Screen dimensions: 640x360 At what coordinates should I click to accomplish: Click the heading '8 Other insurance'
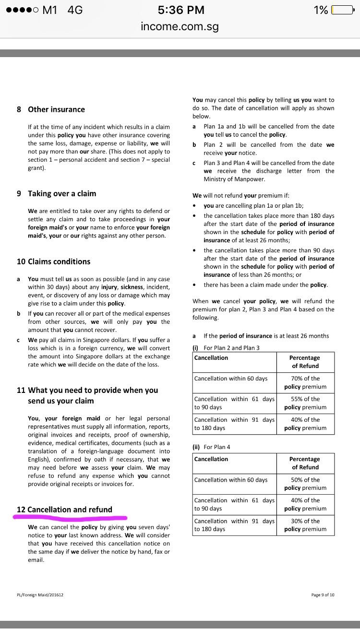click(x=50, y=109)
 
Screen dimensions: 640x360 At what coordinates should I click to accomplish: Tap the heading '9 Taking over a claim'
click(x=56, y=193)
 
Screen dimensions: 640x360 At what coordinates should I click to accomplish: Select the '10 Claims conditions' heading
click(x=53, y=261)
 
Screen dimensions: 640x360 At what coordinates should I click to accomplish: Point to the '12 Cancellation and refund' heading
click(x=64, y=510)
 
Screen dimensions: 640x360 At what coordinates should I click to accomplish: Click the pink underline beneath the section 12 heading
click(x=70, y=518)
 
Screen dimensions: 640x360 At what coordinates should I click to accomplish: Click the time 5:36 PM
click(x=180, y=10)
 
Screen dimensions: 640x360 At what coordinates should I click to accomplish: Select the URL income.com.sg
click(x=180, y=26)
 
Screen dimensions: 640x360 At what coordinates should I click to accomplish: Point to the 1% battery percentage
click(x=321, y=10)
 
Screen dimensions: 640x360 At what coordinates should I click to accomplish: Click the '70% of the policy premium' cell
click(x=305, y=382)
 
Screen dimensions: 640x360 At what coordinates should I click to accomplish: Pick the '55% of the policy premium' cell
click(x=305, y=403)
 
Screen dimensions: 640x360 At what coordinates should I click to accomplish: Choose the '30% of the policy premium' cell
click(x=305, y=525)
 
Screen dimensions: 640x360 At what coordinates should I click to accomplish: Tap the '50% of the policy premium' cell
click(x=305, y=484)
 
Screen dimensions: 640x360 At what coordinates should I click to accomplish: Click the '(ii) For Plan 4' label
click(x=211, y=447)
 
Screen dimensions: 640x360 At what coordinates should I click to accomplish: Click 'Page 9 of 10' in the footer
click(x=323, y=595)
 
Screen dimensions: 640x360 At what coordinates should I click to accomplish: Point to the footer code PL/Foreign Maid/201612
click(x=40, y=595)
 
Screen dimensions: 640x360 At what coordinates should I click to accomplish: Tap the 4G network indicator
click(x=75, y=10)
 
